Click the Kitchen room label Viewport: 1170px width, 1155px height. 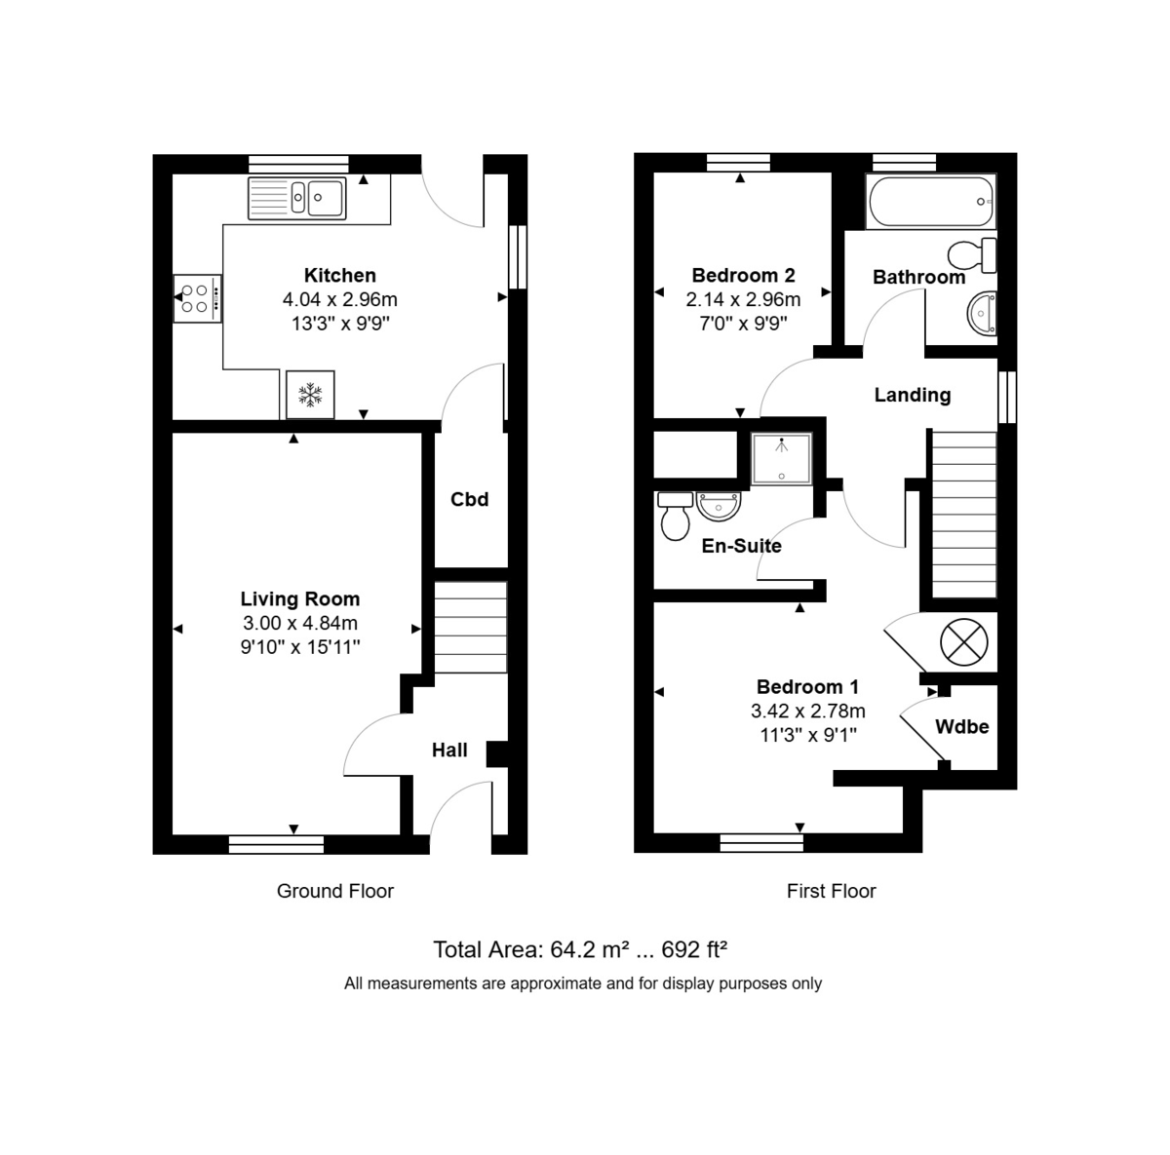coord(339,276)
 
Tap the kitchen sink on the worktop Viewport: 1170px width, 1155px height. coord(297,198)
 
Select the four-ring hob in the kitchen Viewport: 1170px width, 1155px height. coord(198,298)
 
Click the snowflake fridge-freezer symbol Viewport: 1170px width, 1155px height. coord(310,395)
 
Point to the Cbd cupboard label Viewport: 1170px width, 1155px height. coord(469,500)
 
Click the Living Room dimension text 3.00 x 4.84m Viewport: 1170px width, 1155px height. coord(300,624)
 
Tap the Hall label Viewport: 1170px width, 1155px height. coord(449,751)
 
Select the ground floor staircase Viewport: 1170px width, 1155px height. coord(470,627)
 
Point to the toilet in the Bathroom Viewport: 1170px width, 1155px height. coord(972,255)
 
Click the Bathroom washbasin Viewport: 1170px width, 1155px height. coord(980,314)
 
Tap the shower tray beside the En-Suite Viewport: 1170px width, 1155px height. coord(780,459)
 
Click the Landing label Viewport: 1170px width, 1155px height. coord(912,395)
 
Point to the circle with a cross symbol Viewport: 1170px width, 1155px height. coord(963,643)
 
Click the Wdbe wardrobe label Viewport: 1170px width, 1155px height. coord(961,727)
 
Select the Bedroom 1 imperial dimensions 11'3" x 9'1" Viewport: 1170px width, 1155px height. coord(808,735)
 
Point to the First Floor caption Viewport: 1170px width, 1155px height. coord(831,891)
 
